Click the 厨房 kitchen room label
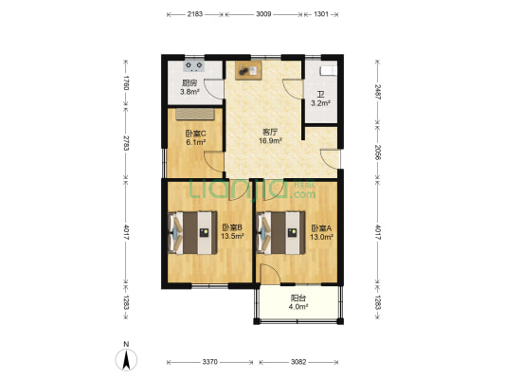(189, 83)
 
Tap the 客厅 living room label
(270, 132)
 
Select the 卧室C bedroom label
(195, 133)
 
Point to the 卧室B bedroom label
(232, 227)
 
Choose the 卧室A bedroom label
(321, 228)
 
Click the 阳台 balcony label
(298, 298)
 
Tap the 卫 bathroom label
(320, 95)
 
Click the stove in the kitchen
(194, 66)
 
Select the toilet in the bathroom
(329, 70)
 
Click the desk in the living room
(248, 70)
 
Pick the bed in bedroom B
(193, 233)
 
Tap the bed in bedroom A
(280, 233)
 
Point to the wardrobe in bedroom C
(195, 114)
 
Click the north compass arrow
(126, 360)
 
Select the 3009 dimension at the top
(263, 14)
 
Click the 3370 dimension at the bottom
(209, 362)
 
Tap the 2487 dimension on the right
(378, 92)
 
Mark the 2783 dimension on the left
(126, 143)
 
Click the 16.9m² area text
(271, 140)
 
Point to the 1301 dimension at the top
(321, 14)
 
